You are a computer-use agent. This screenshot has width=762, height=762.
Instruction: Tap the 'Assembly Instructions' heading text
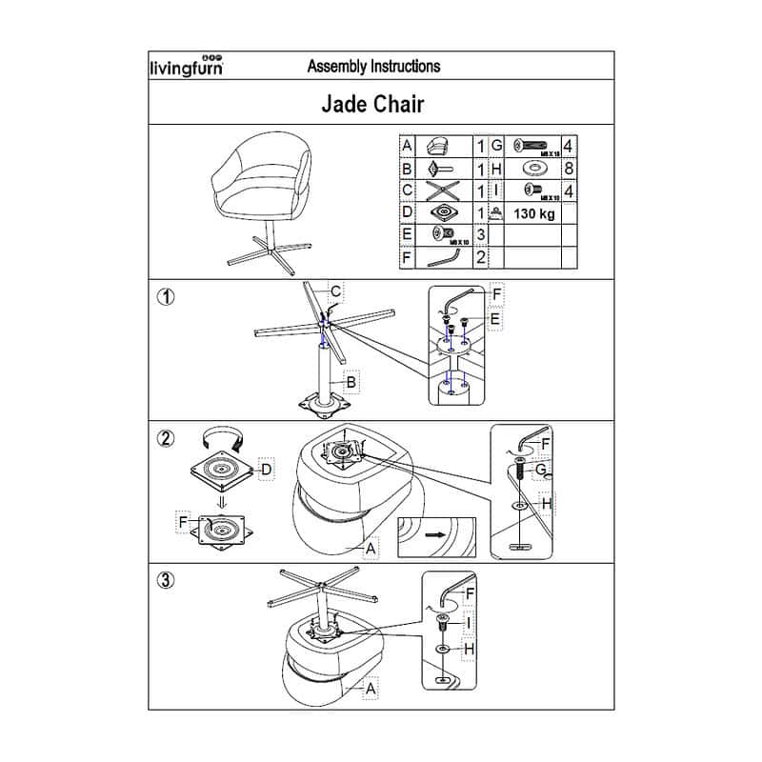(x=373, y=67)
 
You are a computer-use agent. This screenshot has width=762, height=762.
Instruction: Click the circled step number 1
(x=166, y=296)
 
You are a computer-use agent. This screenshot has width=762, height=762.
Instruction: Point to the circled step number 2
(x=166, y=438)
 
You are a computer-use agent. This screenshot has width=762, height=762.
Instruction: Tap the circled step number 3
(x=166, y=581)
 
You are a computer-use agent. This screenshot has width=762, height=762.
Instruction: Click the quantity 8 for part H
(x=569, y=169)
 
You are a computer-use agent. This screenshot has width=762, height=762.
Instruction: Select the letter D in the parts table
(x=407, y=212)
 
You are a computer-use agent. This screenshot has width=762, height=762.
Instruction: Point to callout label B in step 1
(x=352, y=383)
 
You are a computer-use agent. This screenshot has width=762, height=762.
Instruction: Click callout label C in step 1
(x=336, y=291)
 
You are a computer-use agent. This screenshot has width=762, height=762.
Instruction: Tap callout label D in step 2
(x=268, y=469)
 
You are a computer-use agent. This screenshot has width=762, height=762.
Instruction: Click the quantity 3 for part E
(x=482, y=234)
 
